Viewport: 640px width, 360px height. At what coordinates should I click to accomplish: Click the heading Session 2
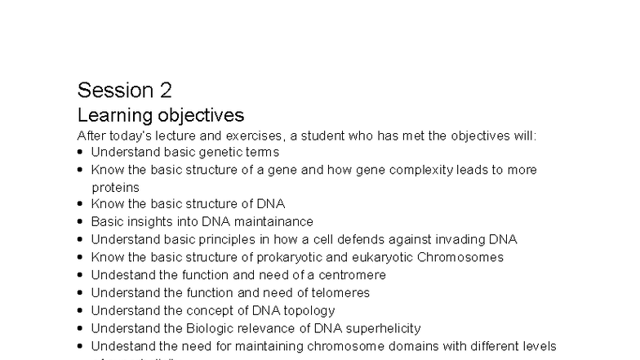[x=124, y=90]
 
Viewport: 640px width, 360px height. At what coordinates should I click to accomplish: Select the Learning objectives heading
[x=160, y=114]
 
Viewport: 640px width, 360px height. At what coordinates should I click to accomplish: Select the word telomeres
[x=338, y=293]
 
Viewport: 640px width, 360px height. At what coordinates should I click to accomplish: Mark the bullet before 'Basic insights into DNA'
[x=81, y=222]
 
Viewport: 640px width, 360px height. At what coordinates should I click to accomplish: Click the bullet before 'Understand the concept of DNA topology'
[x=81, y=311]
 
